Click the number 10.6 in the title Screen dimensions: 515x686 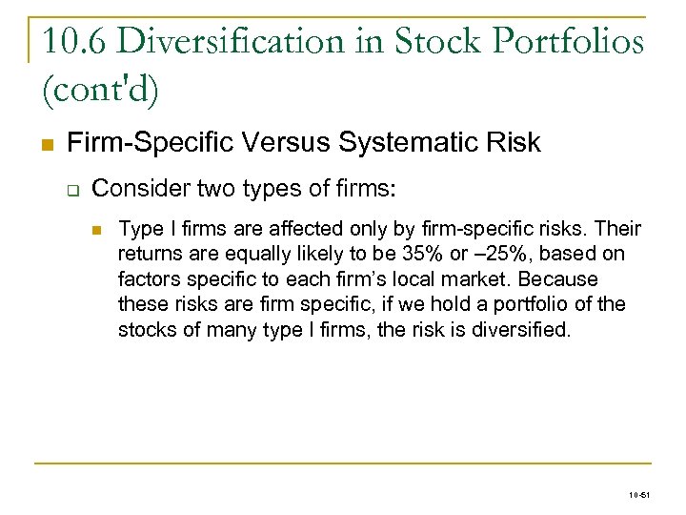[x=78, y=41]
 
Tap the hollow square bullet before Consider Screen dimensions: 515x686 [x=72, y=189]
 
